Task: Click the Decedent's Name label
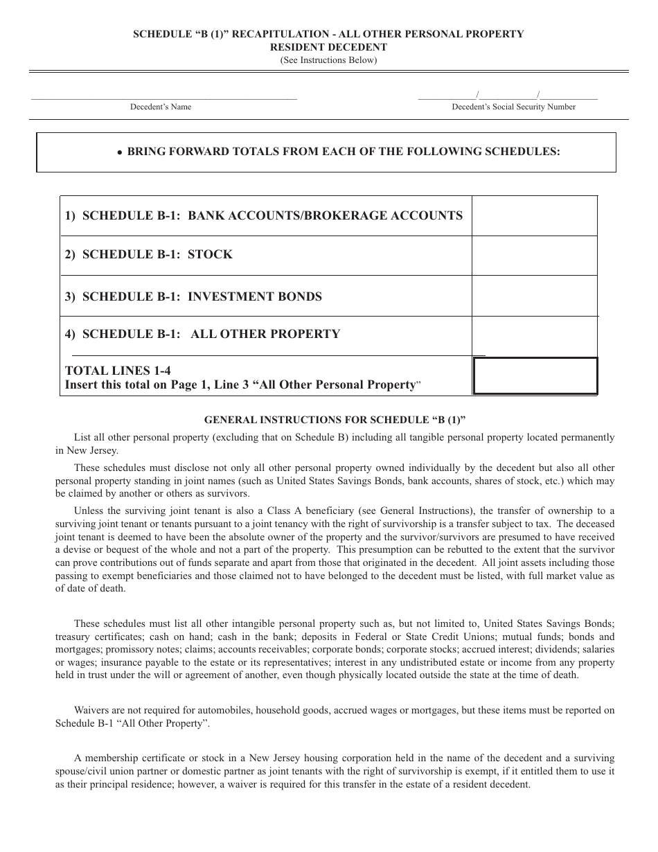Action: coord(161,107)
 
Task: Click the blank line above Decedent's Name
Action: coord(164,98)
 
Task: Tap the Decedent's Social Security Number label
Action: coord(513,107)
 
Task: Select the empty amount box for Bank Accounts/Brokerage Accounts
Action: coord(534,215)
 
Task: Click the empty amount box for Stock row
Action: coord(534,255)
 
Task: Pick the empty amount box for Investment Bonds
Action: coord(534,296)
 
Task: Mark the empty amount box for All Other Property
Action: coord(534,335)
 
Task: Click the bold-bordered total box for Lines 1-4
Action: coord(534,376)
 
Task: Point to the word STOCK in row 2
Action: coord(210,255)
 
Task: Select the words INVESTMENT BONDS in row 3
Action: coord(255,296)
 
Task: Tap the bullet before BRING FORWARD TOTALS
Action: coord(120,152)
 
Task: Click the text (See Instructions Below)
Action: coord(328,60)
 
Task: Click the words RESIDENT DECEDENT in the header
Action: coord(328,47)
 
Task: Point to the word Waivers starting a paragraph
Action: coord(91,711)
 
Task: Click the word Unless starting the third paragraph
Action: coord(88,511)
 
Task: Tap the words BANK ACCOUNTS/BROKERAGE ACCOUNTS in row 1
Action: coord(325,215)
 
